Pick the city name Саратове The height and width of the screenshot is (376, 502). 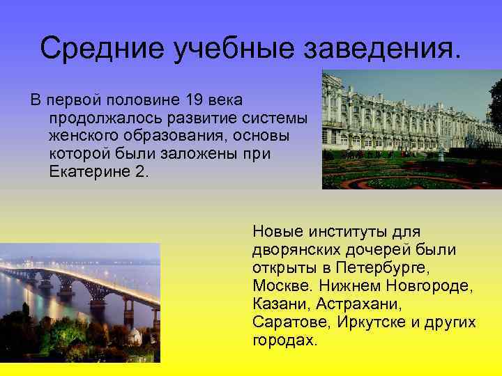(291, 322)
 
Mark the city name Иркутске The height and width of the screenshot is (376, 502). (381, 322)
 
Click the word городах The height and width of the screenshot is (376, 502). (285, 340)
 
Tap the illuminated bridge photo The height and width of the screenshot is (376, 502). (79, 302)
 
